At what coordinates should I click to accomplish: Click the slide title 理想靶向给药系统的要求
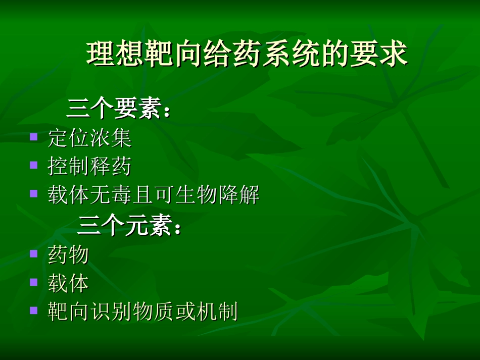pyautogui.click(x=247, y=55)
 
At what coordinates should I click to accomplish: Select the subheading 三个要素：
pyautogui.click(x=119, y=109)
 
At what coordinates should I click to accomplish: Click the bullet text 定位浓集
pyautogui.click(x=90, y=138)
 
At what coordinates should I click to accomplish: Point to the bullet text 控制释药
pyautogui.click(x=90, y=167)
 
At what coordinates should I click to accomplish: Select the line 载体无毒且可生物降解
pyautogui.click(x=154, y=195)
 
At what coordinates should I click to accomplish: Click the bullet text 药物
pyautogui.click(x=68, y=254)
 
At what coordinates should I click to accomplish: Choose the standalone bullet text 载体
pyautogui.click(x=68, y=283)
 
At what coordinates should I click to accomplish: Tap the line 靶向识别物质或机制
pyautogui.click(x=142, y=312)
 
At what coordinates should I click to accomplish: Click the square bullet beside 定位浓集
pyautogui.click(x=34, y=136)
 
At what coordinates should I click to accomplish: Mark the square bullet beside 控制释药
pyautogui.click(x=34, y=165)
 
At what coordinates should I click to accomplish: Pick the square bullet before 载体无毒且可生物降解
pyautogui.click(x=34, y=193)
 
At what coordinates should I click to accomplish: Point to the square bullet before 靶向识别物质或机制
pyautogui.click(x=34, y=310)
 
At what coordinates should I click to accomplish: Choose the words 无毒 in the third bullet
pyautogui.click(x=111, y=195)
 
